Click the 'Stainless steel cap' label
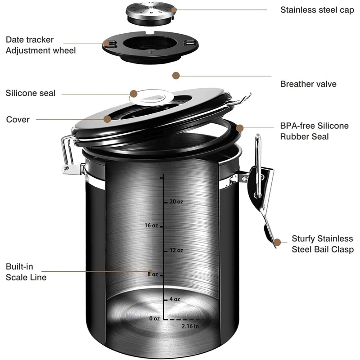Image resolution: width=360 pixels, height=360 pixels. tap(317, 10)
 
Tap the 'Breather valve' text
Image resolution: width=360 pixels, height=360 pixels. tap(308, 84)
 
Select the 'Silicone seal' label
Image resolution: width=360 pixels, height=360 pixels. tap(30, 93)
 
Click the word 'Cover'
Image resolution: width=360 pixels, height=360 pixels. tap(18, 119)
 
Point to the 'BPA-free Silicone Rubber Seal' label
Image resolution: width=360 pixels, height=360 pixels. tap(314, 131)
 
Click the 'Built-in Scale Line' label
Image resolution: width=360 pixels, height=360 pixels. tap(26, 272)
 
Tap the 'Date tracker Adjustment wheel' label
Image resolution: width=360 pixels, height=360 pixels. tap(40, 45)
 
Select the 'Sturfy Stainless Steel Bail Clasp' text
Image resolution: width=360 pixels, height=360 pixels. tap(323, 244)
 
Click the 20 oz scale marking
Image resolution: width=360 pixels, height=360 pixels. tap(176, 202)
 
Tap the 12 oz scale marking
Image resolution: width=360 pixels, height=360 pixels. tap(176, 250)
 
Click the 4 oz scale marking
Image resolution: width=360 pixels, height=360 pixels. tap(175, 299)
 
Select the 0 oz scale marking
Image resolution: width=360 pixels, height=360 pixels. tap(154, 319)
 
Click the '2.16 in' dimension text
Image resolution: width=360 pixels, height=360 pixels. tap(190, 326)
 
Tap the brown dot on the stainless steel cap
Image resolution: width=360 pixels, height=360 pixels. tap(174, 9)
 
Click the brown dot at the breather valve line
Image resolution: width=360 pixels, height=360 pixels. tap(176, 76)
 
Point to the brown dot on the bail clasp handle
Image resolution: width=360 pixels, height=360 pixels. tap(277, 243)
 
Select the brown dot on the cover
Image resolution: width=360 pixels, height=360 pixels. tap(108, 119)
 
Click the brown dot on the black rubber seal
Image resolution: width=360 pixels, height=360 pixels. tap(240, 128)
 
